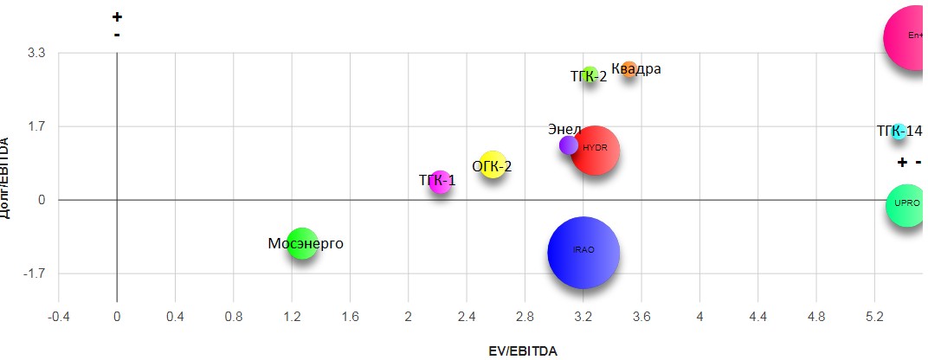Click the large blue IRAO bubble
583,252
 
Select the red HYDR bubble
595,150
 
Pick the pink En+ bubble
914,37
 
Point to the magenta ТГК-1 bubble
441,182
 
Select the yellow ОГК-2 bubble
493,164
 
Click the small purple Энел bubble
568,145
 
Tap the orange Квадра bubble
629,70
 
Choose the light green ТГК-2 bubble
590,75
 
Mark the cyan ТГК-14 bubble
899,132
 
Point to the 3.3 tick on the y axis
37,53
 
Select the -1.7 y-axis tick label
34,273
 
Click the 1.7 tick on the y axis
37,126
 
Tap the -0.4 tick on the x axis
58,318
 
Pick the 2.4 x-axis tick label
467,318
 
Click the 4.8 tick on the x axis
816,318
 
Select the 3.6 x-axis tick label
641,318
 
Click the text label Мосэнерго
305,244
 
